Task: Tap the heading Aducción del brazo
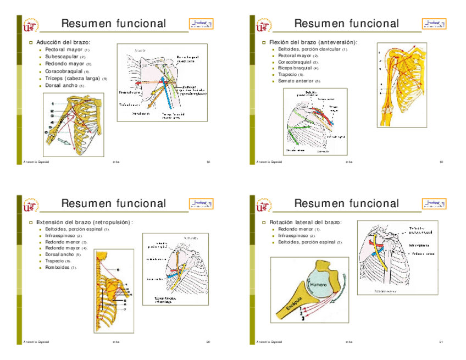(x=63, y=42)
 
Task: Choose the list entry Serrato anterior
(x=297, y=81)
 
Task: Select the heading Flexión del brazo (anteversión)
(x=313, y=42)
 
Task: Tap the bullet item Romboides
(x=58, y=267)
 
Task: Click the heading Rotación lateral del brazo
(x=305, y=222)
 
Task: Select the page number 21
(x=441, y=342)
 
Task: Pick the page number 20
(x=208, y=342)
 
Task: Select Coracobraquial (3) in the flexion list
(x=295, y=62)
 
